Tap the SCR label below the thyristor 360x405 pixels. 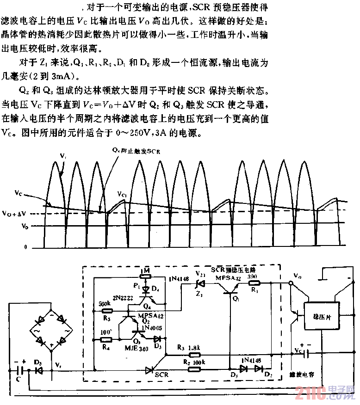click(x=161, y=374)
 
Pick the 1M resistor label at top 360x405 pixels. click(x=146, y=270)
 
